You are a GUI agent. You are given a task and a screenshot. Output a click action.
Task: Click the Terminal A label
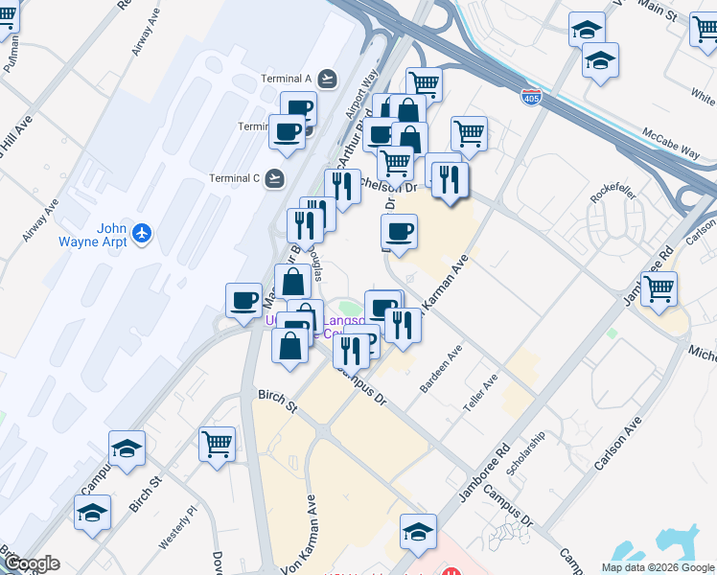click(x=287, y=79)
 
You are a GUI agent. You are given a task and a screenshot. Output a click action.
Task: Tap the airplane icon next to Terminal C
click(x=276, y=178)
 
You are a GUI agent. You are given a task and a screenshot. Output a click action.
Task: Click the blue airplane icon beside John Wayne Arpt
click(x=143, y=232)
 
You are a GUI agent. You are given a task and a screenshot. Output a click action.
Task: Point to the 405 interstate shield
click(x=529, y=96)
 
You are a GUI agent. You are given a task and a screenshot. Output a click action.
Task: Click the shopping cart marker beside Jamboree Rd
click(x=659, y=289)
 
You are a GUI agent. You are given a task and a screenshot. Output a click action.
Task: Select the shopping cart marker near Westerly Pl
click(x=218, y=444)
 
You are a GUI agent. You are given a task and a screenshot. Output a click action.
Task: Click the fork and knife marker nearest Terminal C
click(x=342, y=185)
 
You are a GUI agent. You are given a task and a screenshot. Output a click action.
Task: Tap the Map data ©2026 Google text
click(x=659, y=566)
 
